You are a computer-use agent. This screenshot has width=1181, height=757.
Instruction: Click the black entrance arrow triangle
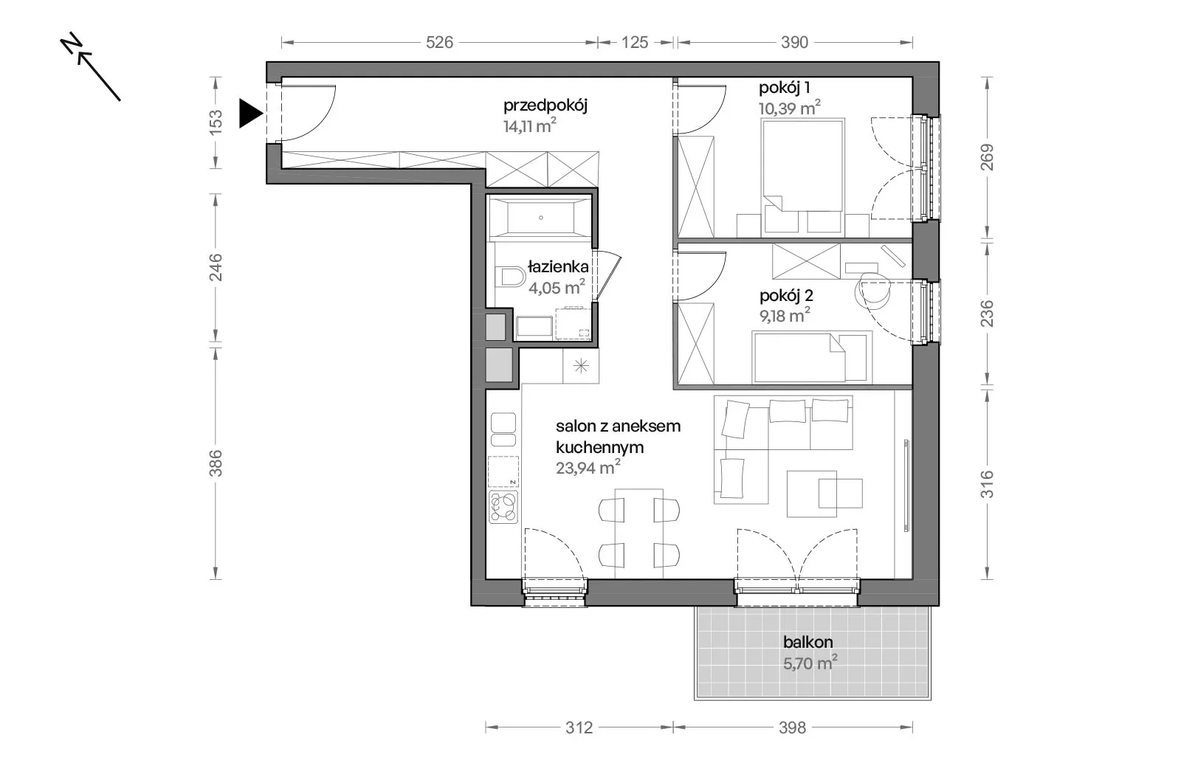pos(249,113)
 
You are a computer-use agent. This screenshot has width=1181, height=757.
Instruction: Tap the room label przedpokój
pos(545,106)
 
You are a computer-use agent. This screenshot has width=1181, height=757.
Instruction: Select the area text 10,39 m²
pos(789,108)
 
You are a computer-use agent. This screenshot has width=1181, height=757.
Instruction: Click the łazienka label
pos(558,267)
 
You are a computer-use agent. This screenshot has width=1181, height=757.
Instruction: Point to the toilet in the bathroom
pos(510,276)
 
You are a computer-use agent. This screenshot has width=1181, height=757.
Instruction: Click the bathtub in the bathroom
pos(540,217)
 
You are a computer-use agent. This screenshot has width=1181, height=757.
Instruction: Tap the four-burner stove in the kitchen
pos(503,507)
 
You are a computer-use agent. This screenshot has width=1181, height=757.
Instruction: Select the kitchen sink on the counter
pos(503,429)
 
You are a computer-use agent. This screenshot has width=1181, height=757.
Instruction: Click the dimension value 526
pos(439,42)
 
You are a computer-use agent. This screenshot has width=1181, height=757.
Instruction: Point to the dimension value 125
pos(634,42)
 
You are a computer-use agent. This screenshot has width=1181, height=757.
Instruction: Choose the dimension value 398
pos(793,728)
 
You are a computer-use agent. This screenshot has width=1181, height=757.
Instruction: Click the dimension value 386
pos(216,463)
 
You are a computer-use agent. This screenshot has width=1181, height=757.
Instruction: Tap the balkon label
pos(808,642)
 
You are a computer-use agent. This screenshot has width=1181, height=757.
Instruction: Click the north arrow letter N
pos(72,44)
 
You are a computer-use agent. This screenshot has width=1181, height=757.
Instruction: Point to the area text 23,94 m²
pos(588,467)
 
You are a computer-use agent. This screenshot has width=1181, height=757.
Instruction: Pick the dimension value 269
pos(986,157)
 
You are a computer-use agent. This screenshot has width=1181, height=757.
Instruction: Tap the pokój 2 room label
pos(786,296)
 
